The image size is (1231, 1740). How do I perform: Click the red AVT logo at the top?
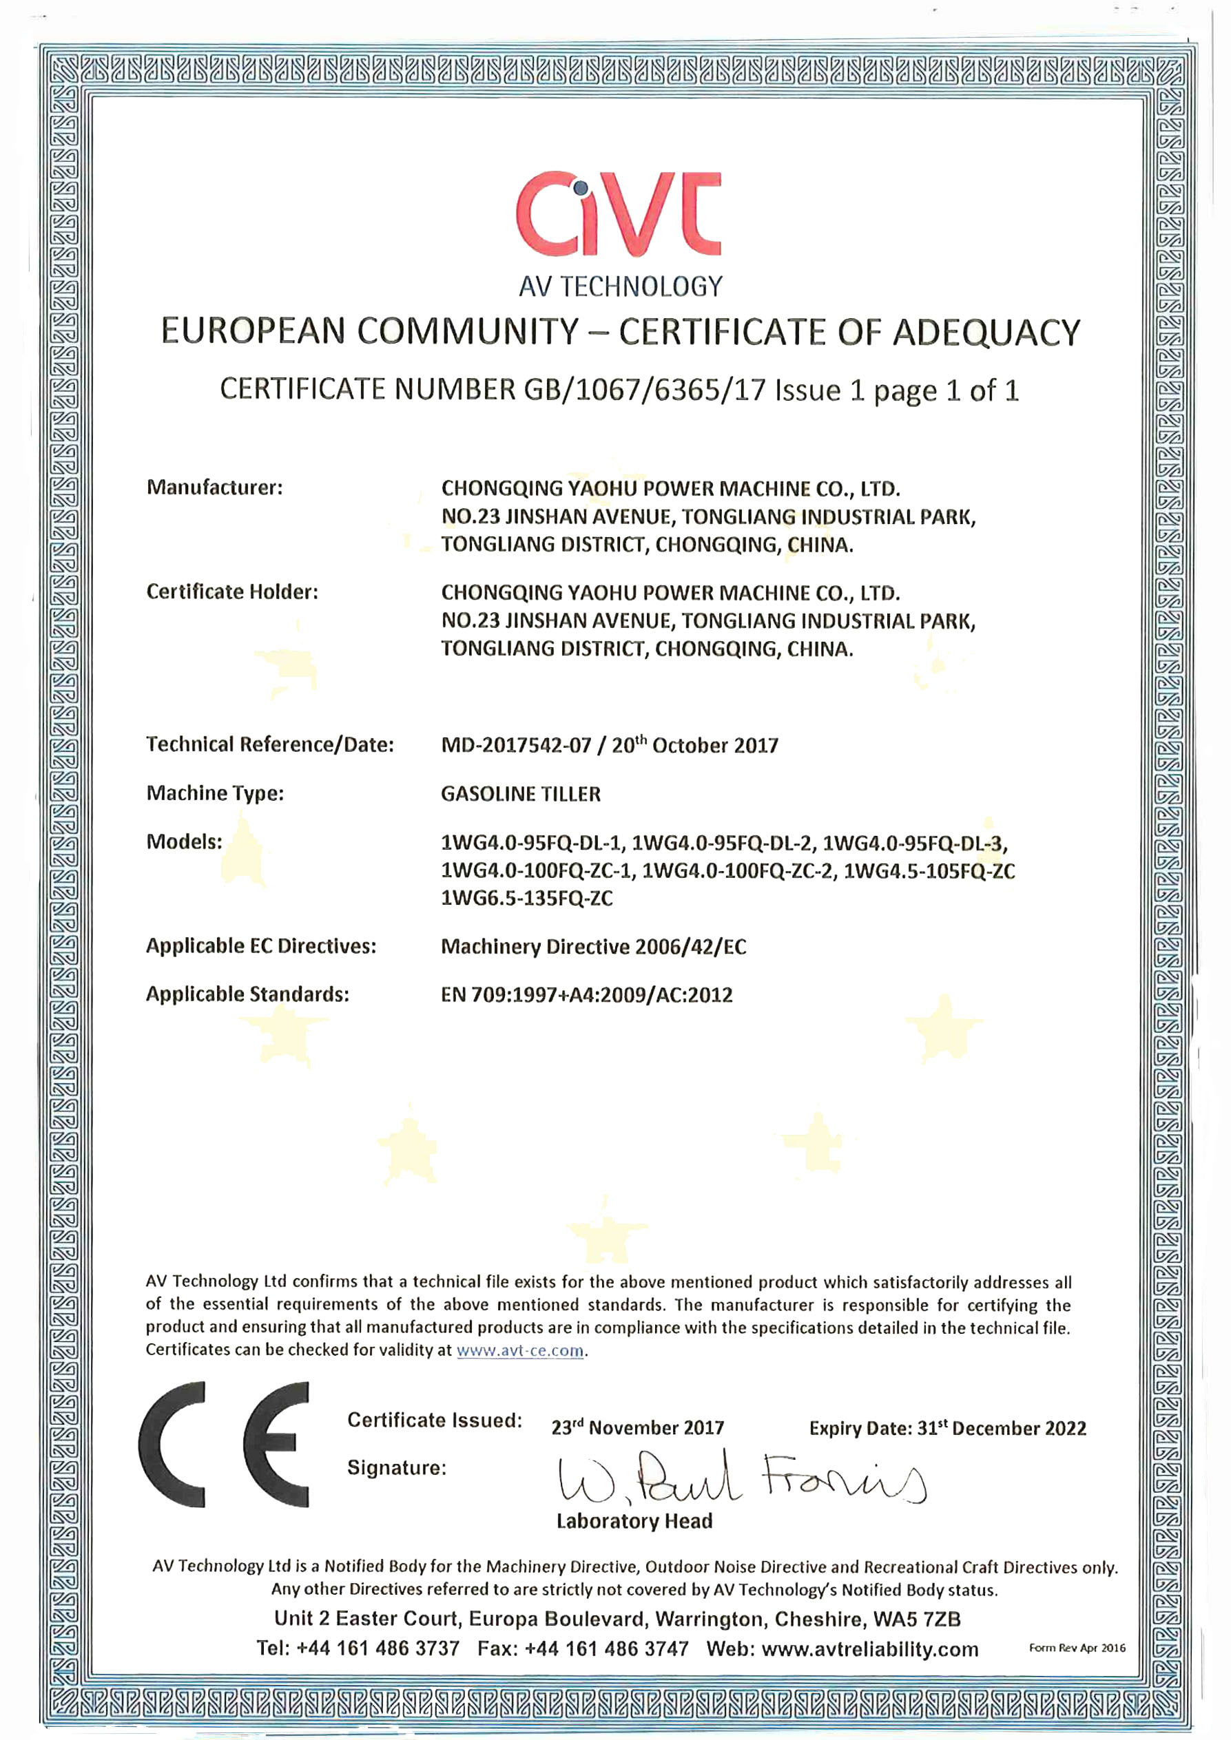pyautogui.click(x=619, y=213)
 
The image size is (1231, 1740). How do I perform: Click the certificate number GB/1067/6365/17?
pyautogui.click(x=645, y=390)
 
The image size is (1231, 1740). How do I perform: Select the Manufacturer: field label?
pyautogui.click(x=214, y=488)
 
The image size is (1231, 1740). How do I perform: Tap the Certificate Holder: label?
pyautogui.click(x=232, y=592)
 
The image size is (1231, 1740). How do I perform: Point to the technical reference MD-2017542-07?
pyautogui.click(x=515, y=746)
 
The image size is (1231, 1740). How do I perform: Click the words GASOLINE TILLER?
pyautogui.click(x=521, y=794)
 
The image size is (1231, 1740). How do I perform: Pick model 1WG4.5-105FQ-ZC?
pyautogui.click(x=929, y=871)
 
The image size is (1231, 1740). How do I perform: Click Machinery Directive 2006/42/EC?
pyautogui.click(x=594, y=947)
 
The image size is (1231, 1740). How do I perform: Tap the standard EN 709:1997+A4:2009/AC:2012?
pyautogui.click(x=587, y=995)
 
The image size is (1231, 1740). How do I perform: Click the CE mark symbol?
pyautogui.click(x=225, y=1446)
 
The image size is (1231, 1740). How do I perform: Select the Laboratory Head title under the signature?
pyautogui.click(x=634, y=1522)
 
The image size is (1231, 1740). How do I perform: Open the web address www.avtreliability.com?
pyautogui.click(x=870, y=1649)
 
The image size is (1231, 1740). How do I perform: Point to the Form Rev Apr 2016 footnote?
pyautogui.click(x=1077, y=1648)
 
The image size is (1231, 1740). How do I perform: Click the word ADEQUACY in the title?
pyautogui.click(x=986, y=332)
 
